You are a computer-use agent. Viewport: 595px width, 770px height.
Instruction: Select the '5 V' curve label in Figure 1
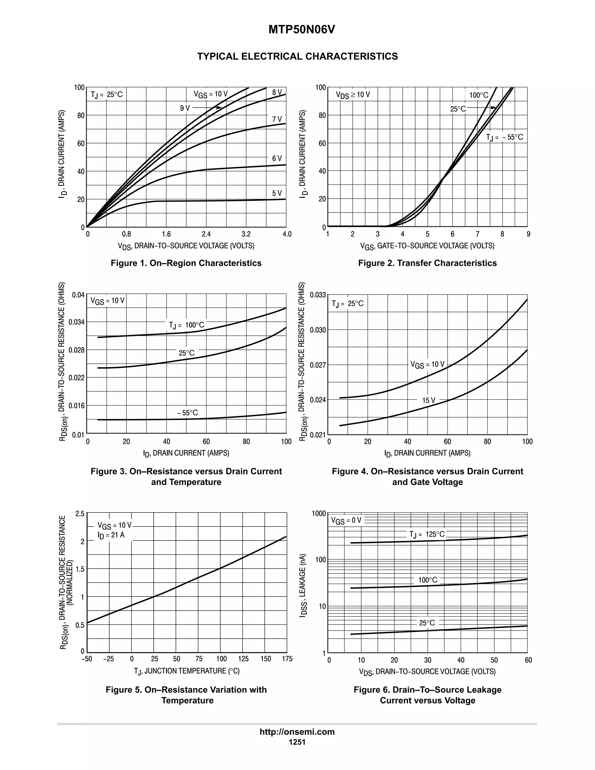277,193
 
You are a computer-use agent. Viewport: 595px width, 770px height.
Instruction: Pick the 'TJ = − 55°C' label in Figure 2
504,137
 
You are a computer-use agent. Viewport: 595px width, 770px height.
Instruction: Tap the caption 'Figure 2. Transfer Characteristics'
427,263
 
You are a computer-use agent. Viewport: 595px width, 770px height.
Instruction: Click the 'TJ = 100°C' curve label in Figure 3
186,325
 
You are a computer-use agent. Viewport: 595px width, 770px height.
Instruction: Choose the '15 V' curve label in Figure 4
429,400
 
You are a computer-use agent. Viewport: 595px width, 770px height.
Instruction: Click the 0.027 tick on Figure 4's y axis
318,365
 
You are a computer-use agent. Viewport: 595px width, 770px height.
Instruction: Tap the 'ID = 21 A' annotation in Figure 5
111,535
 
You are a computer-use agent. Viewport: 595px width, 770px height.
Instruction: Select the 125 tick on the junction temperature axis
243,659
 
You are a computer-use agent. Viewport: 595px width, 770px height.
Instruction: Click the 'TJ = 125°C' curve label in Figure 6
427,534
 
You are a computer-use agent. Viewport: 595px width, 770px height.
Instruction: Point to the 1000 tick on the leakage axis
319,514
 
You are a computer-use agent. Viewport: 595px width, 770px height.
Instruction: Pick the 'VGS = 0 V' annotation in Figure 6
346,520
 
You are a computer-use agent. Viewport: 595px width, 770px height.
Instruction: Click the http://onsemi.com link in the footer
297,732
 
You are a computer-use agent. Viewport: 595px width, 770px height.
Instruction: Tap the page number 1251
297,742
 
